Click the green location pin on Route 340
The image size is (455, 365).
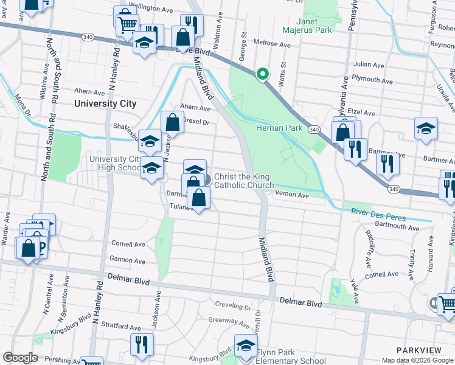263,74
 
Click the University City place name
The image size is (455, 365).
105,103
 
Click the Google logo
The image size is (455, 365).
20,358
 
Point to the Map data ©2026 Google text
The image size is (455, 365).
417,360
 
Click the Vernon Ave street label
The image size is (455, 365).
293,195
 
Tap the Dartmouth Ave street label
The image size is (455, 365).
398,228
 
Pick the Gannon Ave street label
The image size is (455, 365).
128,261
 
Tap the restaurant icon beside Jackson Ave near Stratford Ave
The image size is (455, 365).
142,344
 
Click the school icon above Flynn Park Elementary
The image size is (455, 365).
246,346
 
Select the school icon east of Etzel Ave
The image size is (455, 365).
425,128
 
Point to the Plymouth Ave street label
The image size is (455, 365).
369,80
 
